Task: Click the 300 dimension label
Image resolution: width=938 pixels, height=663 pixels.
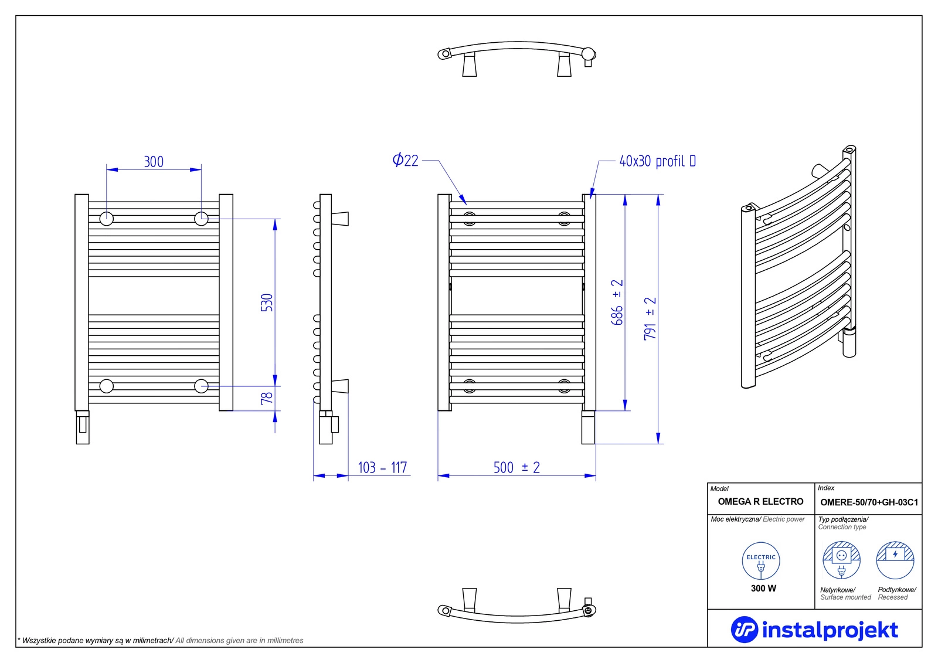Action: tap(154, 162)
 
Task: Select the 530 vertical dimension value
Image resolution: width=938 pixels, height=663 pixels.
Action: tap(267, 302)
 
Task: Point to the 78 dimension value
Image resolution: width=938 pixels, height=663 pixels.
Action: tap(267, 398)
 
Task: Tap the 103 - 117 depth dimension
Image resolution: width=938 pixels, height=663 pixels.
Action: tap(382, 467)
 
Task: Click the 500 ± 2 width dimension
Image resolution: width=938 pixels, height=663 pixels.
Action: tap(516, 467)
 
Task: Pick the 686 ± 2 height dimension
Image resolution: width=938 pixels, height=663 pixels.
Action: tap(617, 302)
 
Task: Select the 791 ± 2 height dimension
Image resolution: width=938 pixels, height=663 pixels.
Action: tap(650, 318)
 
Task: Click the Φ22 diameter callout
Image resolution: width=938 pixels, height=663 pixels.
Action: tap(406, 160)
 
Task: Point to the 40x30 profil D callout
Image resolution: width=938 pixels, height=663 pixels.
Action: tap(658, 161)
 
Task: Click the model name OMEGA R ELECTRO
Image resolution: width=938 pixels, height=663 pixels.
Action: tap(760, 502)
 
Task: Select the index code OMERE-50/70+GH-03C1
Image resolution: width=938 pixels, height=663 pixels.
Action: tap(869, 502)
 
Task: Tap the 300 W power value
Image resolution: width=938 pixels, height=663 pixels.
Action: tap(763, 588)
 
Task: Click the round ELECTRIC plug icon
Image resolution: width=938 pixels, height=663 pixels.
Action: tap(761, 561)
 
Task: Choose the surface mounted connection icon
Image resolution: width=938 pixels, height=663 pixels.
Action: tap(842, 560)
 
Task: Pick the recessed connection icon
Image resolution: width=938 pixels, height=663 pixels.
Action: tap(895, 560)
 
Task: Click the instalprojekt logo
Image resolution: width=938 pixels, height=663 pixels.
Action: tap(814, 630)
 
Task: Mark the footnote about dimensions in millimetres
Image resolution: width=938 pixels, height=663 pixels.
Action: tap(161, 640)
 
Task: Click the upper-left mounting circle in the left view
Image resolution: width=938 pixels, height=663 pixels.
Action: tap(106, 219)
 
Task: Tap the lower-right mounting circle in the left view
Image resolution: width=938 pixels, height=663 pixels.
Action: tap(201, 386)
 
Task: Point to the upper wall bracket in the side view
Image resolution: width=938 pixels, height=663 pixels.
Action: tap(340, 219)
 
